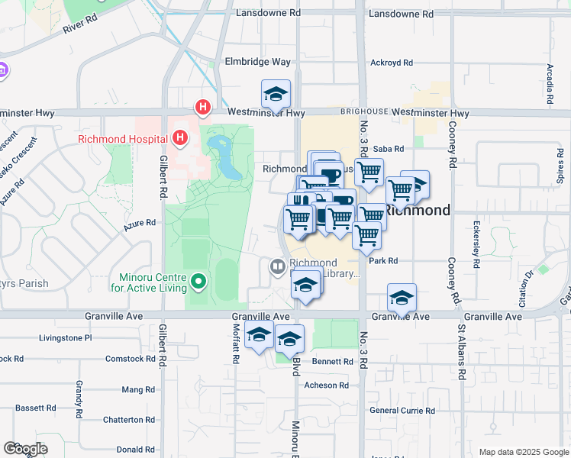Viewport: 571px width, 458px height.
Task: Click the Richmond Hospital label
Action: pyautogui.click(x=122, y=139)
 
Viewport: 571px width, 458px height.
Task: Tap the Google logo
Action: pyautogui.click(x=25, y=449)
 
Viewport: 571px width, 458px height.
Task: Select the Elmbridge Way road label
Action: pyautogui.click(x=257, y=62)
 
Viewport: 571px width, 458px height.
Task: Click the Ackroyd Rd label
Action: pyautogui.click(x=391, y=63)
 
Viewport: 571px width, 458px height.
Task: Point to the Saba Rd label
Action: pyautogui.click(x=388, y=150)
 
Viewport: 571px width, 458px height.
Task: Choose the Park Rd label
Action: pyautogui.click(x=383, y=260)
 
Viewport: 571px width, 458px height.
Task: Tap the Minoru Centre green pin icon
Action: pyautogui.click(x=198, y=282)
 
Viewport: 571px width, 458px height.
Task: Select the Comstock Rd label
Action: pyautogui.click(x=131, y=358)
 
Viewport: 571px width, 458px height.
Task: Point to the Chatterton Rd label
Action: pyautogui.click(x=128, y=419)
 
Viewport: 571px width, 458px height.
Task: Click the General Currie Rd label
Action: pyautogui.click(x=402, y=410)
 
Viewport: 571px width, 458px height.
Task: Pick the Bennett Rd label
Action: pyautogui.click(x=332, y=361)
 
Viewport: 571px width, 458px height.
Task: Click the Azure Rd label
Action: pyautogui.click(x=140, y=223)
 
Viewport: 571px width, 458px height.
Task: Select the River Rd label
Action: pyautogui.click(x=82, y=27)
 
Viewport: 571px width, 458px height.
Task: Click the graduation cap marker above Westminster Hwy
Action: pyautogui.click(x=276, y=95)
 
